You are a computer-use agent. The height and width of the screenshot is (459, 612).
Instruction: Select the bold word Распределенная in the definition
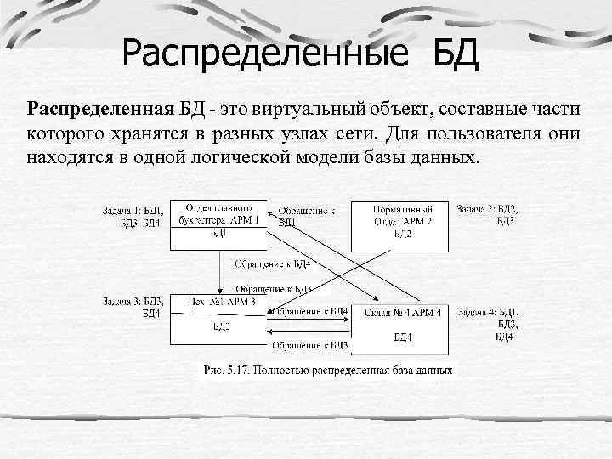[x=100, y=110]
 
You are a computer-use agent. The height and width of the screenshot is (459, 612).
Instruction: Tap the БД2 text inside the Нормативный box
[x=403, y=235]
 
